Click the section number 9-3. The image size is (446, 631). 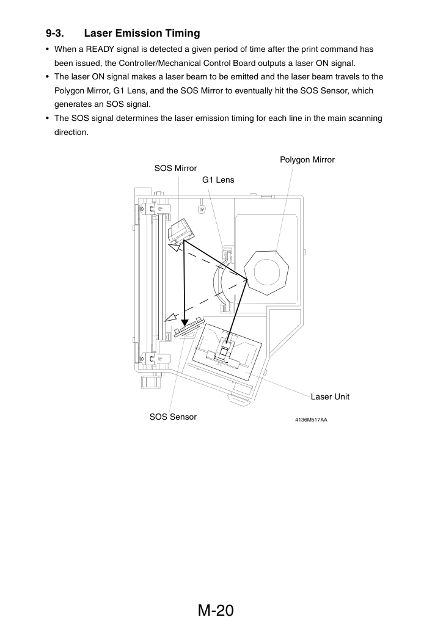[55, 33]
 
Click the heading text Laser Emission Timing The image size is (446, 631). [142, 33]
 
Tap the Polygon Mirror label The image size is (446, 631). [307, 160]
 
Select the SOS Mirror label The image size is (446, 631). [175, 168]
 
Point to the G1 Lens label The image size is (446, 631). [218, 180]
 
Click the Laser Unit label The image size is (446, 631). [330, 397]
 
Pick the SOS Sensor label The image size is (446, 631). [173, 417]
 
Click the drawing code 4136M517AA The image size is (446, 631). [311, 420]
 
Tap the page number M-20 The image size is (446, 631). [216, 610]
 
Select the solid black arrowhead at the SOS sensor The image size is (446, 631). [185, 322]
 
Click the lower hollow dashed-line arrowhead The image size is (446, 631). [172, 317]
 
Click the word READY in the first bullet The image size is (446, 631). [100, 49]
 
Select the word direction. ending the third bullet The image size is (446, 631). [71, 133]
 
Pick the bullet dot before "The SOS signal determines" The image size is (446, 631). [48, 119]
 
